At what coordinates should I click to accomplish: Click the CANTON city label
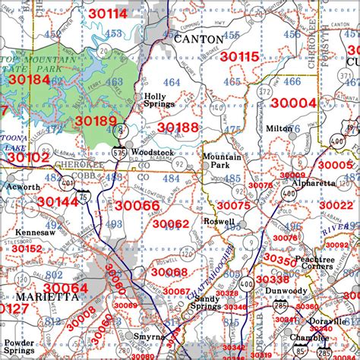coord(199,39)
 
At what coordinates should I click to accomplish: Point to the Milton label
coord(279,128)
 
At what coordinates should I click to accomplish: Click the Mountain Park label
coord(221,160)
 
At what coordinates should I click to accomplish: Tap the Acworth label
coord(22,187)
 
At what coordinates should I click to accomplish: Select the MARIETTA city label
coord(33,297)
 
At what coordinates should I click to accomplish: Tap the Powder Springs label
coord(18,347)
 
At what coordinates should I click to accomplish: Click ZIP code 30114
coord(106,14)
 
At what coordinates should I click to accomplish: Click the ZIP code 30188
coord(178,127)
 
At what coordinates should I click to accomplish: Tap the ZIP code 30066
coord(137,206)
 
